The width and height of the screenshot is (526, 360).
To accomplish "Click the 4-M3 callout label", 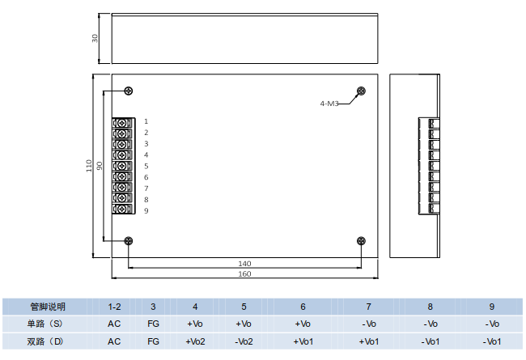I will pyautogui.click(x=329, y=104).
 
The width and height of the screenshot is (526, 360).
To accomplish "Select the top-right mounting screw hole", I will pyautogui.click(x=361, y=92).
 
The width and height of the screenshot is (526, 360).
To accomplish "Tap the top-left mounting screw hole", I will pyautogui.click(x=129, y=92).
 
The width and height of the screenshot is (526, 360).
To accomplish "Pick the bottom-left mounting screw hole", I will pyautogui.click(x=129, y=240).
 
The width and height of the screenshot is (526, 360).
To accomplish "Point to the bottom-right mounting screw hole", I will pyautogui.click(x=361, y=240).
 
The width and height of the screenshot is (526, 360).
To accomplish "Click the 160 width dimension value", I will pyautogui.click(x=244, y=273).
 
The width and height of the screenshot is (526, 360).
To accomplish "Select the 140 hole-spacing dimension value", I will pyautogui.click(x=244, y=263).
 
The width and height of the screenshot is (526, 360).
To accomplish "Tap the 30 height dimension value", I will pyautogui.click(x=95, y=38).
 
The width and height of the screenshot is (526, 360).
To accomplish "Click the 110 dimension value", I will pyautogui.click(x=88, y=165).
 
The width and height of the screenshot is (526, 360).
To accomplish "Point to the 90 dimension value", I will pyautogui.click(x=99, y=165).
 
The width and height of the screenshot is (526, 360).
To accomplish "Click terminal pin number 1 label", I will pyautogui.click(x=146, y=121).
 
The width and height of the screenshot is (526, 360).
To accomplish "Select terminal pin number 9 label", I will pyautogui.click(x=146, y=210).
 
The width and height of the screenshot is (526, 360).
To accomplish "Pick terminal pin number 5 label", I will pyautogui.click(x=146, y=166).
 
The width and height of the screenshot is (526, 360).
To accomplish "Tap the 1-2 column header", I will pyautogui.click(x=115, y=307).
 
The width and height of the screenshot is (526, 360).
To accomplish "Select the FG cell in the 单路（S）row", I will pyautogui.click(x=153, y=324).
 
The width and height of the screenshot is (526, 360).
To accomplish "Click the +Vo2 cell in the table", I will pyautogui.click(x=195, y=341).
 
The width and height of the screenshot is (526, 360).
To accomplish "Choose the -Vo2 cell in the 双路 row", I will pyautogui.click(x=244, y=341).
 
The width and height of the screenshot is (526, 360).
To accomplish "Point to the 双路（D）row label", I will pyautogui.click(x=45, y=341).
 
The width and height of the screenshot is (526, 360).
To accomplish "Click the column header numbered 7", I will pyautogui.click(x=369, y=307).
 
